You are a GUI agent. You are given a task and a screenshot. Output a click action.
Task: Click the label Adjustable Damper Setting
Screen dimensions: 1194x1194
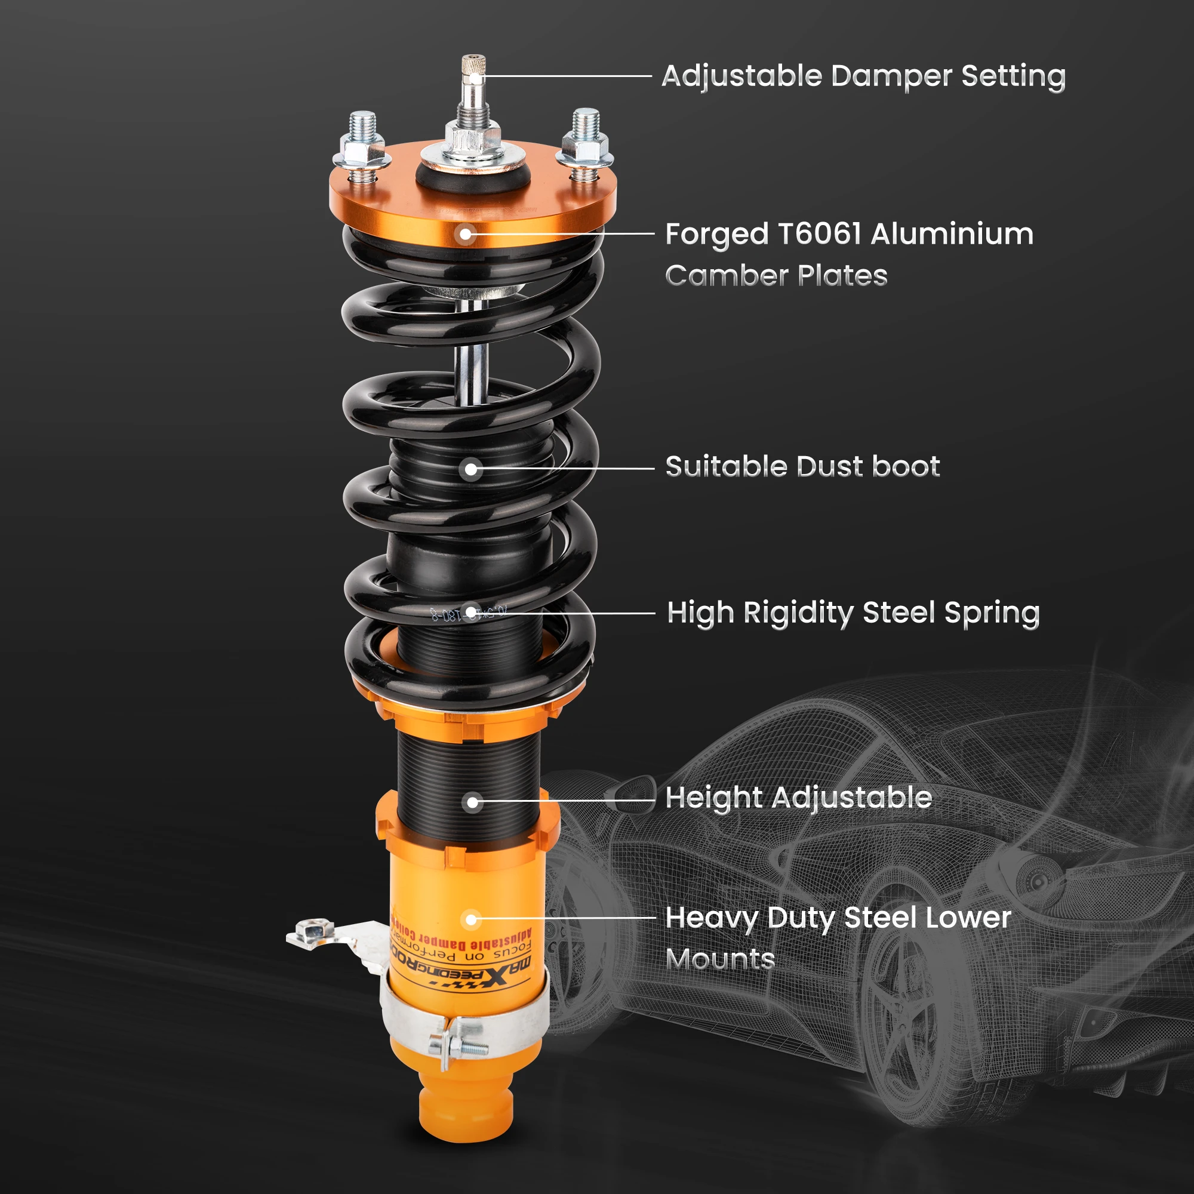coord(863,76)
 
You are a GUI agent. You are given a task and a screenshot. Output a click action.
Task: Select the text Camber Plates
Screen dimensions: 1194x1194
coord(776,276)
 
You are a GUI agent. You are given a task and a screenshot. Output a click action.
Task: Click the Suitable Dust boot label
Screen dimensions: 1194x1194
coord(802,467)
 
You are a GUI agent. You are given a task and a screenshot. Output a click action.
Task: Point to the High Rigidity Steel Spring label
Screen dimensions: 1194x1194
coord(853,613)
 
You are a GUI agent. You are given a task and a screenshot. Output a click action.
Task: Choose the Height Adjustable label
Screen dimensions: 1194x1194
coord(798,798)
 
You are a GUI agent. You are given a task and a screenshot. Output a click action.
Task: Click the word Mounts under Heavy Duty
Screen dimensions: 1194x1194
coord(720,959)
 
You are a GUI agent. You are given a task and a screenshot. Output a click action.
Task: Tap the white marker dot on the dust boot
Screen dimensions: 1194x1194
coord(471,470)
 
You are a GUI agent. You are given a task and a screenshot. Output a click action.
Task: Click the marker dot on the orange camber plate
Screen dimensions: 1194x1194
coord(466,235)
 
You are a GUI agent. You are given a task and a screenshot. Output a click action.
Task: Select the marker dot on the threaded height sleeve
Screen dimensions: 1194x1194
coord(472,803)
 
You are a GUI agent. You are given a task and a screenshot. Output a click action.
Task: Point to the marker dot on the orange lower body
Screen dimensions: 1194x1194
coord(471,919)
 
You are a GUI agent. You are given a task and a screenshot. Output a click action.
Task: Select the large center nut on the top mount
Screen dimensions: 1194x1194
coord(473,139)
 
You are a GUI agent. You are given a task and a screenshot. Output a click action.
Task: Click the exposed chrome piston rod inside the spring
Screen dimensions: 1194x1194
coord(472,371)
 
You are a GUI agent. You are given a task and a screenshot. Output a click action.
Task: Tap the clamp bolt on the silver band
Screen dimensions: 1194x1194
coord(460,1047)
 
